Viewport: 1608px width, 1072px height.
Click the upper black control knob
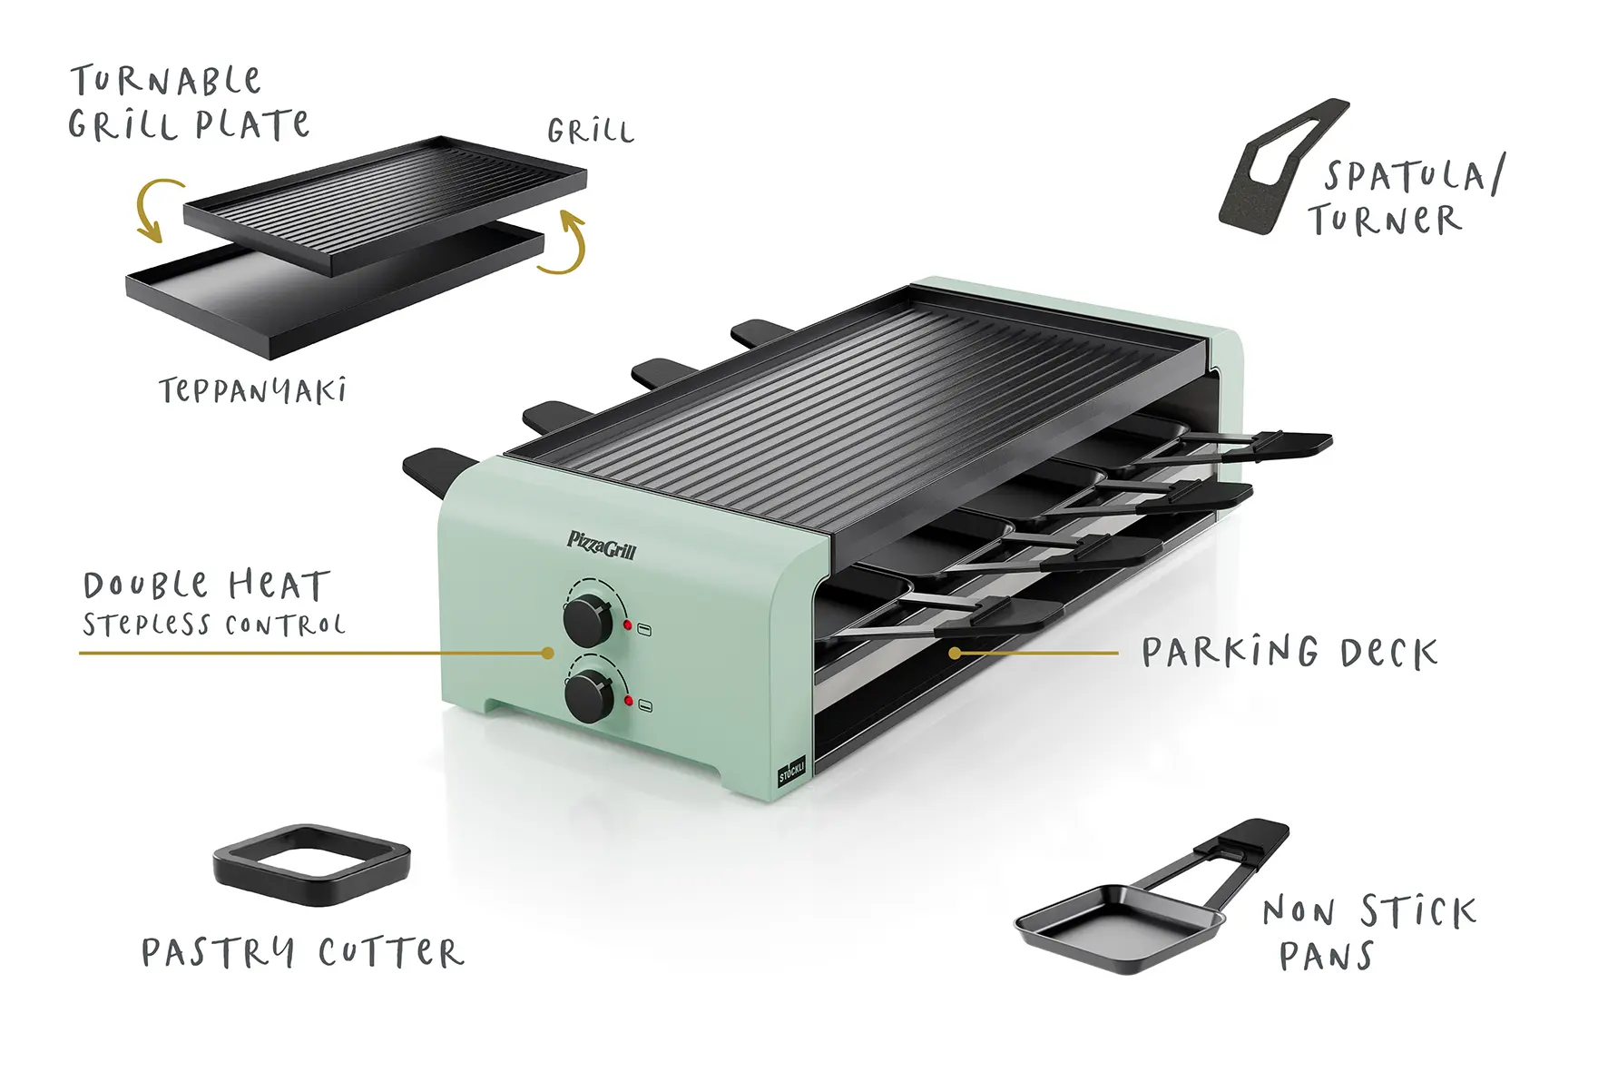pyautogui.click(x=587, y=621)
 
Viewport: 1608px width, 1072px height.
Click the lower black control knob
pyautogui.click(x=588, y=697)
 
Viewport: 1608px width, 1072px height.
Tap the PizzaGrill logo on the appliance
pyautogui.click(x=602, y=546)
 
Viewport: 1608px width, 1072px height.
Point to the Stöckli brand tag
pyautogui.click(x=791, y=771)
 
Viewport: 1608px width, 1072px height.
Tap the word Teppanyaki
pyautogui.click(x=252, y=391)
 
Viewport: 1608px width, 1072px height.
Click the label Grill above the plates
pyautogui.click(x=590, y=132)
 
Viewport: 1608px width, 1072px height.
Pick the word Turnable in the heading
pyautogui.click(x=166, y=81)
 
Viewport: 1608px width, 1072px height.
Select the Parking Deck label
pyautogui.click(x=1289, y=653)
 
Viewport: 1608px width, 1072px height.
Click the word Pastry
pyautogui.click(x=219, y=953)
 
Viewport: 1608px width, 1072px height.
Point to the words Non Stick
pyautogui.click(x=1369, y=911)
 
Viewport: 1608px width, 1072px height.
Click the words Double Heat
pyautogui.click(x=206, y=585)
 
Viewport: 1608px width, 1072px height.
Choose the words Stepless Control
pyautogui.click(x=214, y=625)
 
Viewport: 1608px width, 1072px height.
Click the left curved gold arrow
pyautogui.click(x=156, y=209)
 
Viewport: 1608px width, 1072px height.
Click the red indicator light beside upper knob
pyautogui.click(x=627, y=625)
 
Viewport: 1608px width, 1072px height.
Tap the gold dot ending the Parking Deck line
pyautogui.click(x=955, y=653)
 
